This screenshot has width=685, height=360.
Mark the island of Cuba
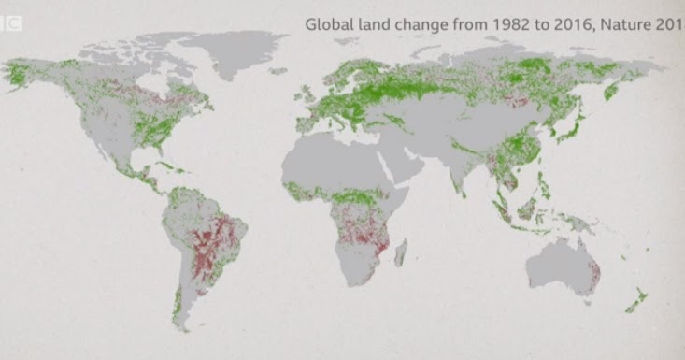[168, 168]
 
